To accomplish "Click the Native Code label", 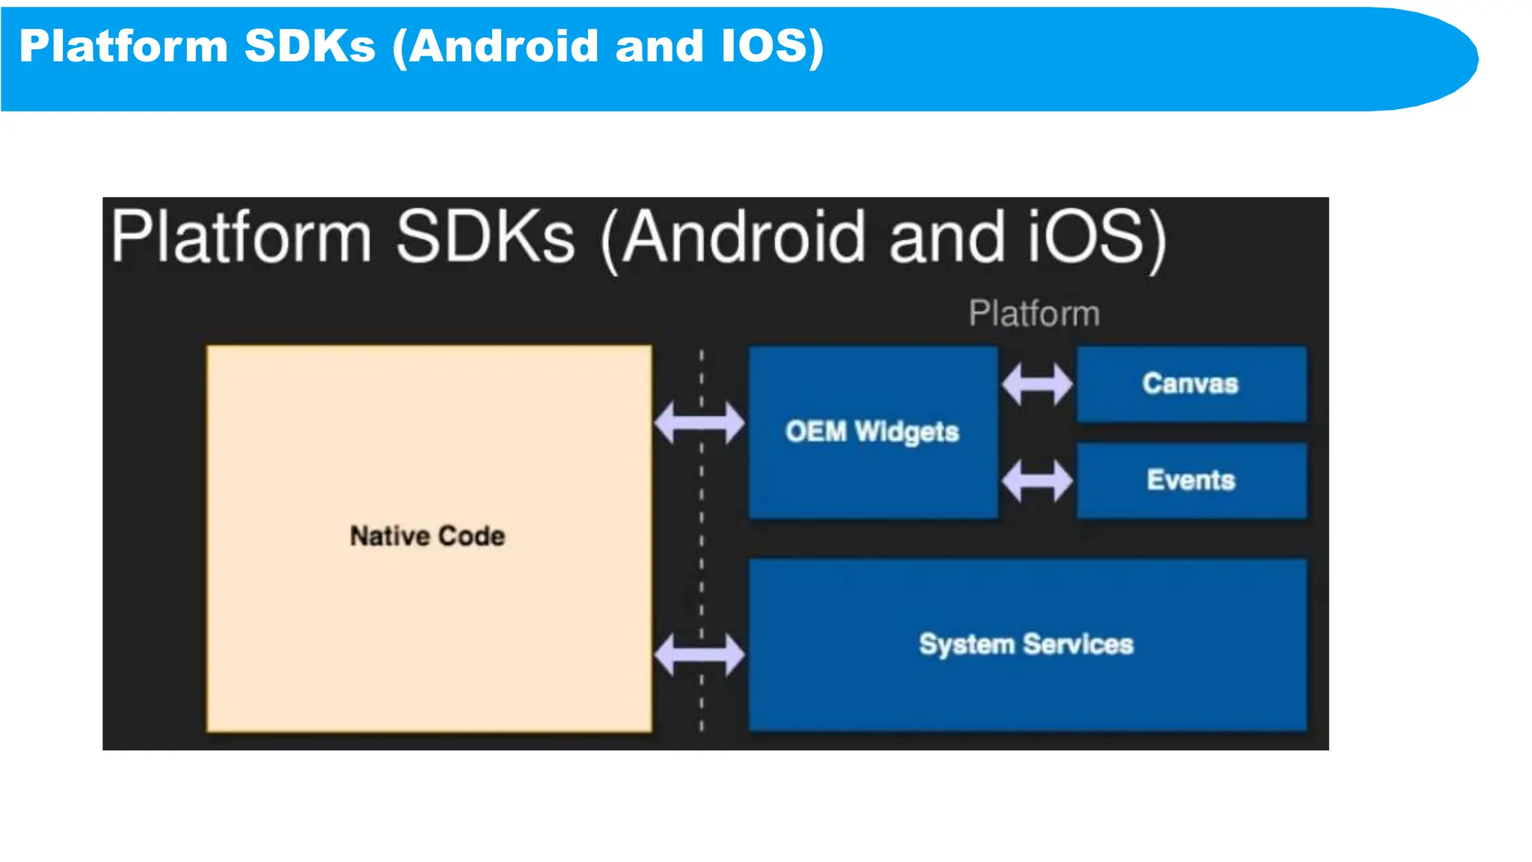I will pyautogui.click(x=427, y=536).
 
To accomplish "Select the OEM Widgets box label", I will pyautogui.click(x=872, y=432).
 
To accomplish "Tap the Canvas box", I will pyautogui.click(x=1191, y=384).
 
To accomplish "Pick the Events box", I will pyautogui.click(x=1191, y=480).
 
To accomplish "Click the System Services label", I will pyautogui.click(x=1026, y=644).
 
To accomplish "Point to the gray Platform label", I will pyautogui.click(x=1034, y=313).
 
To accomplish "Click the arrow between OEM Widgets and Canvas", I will pyautogui.click(x=1038, y=384).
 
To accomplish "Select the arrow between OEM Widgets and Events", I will pyautogui.click(x=1038, y=480).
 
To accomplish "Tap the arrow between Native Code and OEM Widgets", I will pyautogui.click(x=699, y=423).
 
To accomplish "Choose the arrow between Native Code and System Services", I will pyautogui.click(x=699, y=655).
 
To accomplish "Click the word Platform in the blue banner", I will pyautogui.click(x=123, y=46).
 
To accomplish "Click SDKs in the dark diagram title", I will pyautogui.click(x=485, y=238).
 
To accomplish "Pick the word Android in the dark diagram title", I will pyautogui.click(x=744, y=238).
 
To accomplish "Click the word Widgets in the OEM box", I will pyautogui.click(x=907, y=432).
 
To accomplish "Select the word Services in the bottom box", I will pyautogui.click(x=1078, y=644).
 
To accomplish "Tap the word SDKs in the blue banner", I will pyautogui.click(x=310, y=46).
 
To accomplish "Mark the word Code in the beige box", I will pyautogui.click(x=471, y=536).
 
